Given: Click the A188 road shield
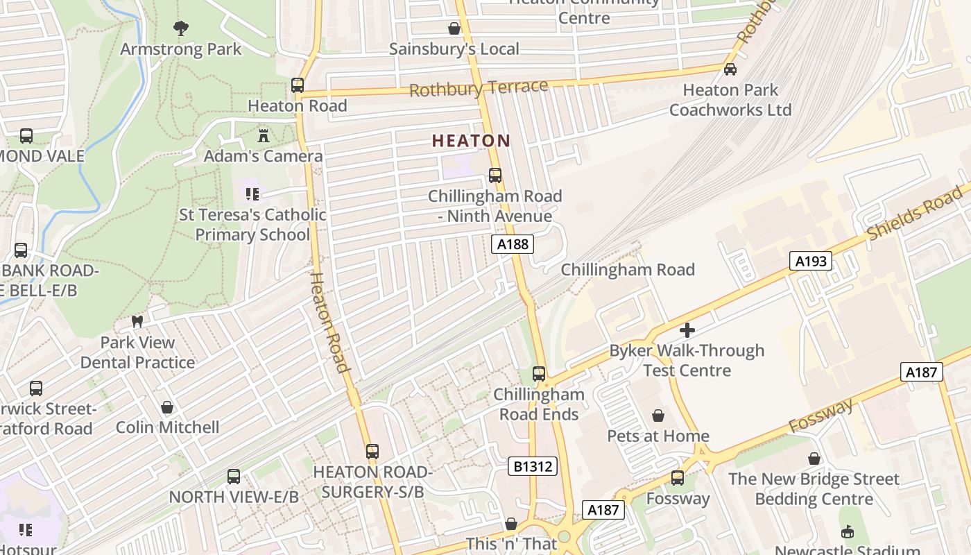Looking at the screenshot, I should tap(513, 244).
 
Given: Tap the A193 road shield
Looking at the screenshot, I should tap(810, 261).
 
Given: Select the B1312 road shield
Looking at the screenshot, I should tap(532, 466).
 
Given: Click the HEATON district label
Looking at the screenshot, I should tap(471, 141).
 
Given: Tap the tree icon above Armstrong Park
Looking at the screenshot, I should tap(181, 28).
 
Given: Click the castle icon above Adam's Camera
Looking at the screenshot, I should tap(263, 135).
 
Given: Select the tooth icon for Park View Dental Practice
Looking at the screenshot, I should tap(137, 322).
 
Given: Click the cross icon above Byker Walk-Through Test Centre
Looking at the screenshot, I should tap(687, 330).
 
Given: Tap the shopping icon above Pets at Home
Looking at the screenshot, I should tap(658, 416).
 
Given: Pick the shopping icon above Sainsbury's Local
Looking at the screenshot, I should tap(454, 28).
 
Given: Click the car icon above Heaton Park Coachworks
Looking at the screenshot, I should tap(730, 69).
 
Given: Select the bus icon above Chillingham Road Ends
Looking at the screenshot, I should tap(539, 374).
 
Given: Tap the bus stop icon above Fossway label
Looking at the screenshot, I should tap(678, 478).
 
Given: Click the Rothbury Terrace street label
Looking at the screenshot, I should tap(479, 88).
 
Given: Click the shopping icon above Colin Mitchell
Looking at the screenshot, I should tap(167, 407).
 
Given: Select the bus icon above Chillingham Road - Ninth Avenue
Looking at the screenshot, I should tap(495, 176).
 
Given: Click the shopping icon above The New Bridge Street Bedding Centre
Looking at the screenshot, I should tap(814, 459).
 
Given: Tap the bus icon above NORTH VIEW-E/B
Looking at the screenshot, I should tap(234, 477).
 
